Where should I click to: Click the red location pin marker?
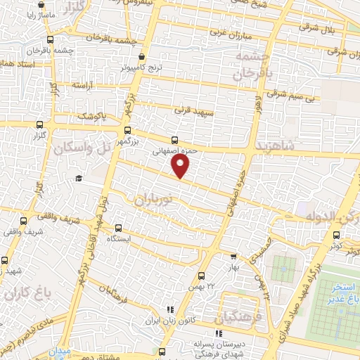coord(181,166)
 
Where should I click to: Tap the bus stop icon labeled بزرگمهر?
coord(127,130)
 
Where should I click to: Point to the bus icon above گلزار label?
coord(38,124)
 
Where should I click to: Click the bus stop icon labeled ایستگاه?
coord(118,228)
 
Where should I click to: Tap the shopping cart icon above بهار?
coord(233,257)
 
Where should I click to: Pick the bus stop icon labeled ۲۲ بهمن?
coord(201,275)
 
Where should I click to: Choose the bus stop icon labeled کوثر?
coord(335,237)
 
